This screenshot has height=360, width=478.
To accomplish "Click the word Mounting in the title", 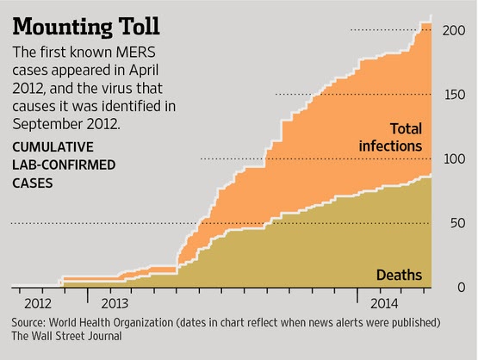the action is [63, 28].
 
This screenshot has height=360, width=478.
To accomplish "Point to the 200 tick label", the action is [454, 30].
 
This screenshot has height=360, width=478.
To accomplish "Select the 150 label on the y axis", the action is [455, 95].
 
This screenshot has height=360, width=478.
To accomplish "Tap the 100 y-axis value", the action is [455, 159].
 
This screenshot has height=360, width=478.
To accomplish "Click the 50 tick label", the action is [458, 223].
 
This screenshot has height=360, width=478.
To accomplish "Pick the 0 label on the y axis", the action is [462, 288].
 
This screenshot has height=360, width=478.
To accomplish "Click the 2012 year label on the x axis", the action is [38, 304].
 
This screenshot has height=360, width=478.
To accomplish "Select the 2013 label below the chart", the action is [115, 304].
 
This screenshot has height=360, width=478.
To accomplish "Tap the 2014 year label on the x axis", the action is [384, 304].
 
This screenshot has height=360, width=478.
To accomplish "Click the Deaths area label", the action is [399, 275].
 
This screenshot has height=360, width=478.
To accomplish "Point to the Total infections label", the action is [390, 138].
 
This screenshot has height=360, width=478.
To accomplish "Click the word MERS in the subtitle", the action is [136, 53].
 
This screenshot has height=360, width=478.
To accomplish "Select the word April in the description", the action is [144, 71].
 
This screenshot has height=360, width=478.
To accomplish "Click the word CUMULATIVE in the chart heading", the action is [53, 147].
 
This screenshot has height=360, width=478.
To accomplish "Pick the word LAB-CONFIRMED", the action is [64, 165].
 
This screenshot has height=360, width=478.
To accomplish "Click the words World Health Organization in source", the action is [111, 322].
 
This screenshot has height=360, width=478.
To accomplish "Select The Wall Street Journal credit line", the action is [67, 336].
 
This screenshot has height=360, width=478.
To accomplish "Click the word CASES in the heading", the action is [33, 183].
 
